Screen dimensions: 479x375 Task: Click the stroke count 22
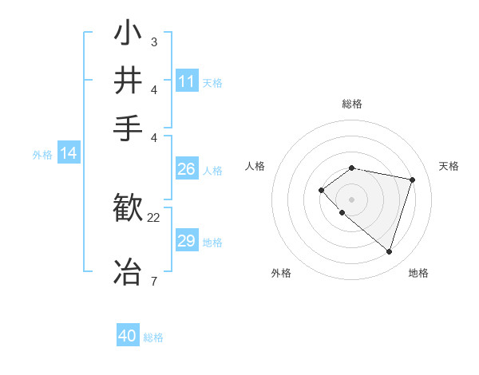tap(154, 217)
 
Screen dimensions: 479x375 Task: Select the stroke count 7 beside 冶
tap(153, 281)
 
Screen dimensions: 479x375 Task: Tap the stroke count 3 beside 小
tap(153, 41)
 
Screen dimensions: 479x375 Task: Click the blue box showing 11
tap(187, 81)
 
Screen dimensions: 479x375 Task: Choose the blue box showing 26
tap(187, 169)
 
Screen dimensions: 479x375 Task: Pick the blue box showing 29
tap(187, 241)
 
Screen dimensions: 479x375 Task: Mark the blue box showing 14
tap(69, 153)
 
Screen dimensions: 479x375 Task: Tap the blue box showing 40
tap(128, 336)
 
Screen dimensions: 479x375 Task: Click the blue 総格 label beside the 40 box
tap(153, 337)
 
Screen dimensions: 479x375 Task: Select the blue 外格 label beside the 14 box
tap(42, 155)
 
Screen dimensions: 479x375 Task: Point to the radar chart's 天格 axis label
tap(449, 166)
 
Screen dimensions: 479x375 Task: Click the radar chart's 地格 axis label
tap(418, 273)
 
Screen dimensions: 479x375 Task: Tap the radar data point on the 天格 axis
tap(412, 180)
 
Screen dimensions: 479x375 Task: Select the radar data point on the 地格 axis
tap(389, 251)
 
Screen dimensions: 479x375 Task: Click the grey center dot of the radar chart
tap(351, 199)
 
